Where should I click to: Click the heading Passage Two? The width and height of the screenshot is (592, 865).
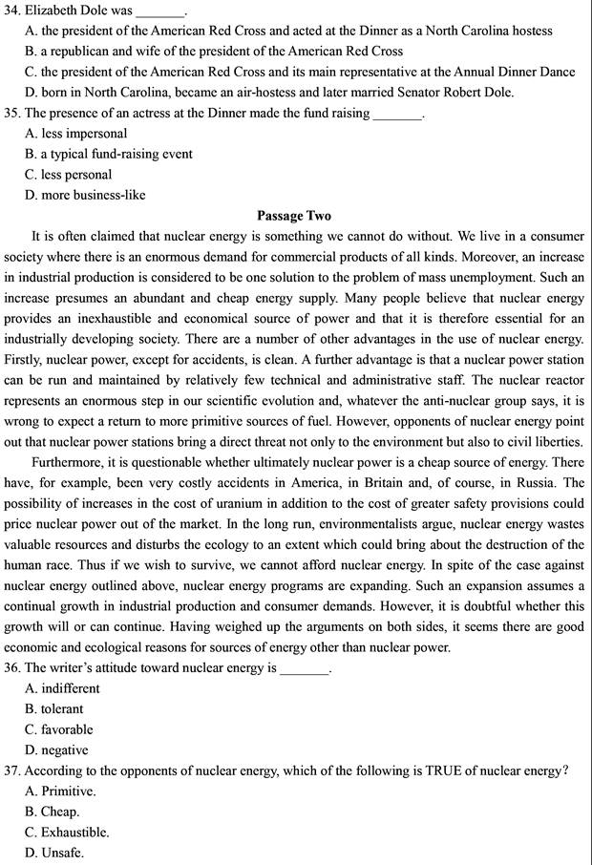(294, 216)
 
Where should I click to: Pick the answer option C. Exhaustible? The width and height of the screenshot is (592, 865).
(68, 832)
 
